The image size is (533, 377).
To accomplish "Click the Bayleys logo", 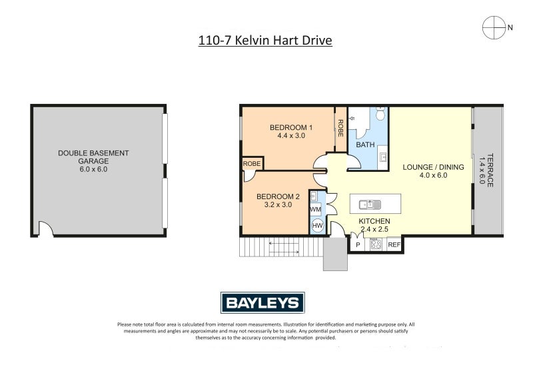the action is coord(263,302).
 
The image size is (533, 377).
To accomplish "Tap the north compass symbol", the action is coord(494,27).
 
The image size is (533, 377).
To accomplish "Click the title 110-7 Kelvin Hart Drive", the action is coord(265,41).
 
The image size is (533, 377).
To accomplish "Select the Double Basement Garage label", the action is coord(93,157).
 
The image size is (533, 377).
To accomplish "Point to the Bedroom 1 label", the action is coord(291,127).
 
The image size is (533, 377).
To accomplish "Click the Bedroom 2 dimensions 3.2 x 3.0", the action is coord(278,204).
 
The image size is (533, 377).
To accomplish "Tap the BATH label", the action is coord(365,145).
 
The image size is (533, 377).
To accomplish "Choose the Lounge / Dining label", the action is coord(434,167).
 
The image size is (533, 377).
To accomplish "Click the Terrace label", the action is coord(490,170).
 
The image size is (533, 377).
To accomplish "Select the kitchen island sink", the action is coord(370,204).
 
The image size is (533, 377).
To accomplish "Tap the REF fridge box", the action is coord(394,244).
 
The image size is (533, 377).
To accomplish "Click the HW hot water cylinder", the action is coord(318,225).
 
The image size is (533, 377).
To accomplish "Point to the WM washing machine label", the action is coord(315,209).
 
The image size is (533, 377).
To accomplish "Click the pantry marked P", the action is coord(358,244).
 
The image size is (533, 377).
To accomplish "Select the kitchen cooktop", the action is coord(376,244).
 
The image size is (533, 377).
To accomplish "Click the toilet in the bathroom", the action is coord(380,113).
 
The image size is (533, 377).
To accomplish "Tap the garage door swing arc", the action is coord(47,227).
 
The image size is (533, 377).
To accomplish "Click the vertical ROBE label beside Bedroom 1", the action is coord(340,128).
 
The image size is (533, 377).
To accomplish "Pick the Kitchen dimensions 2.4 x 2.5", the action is coord(374,229).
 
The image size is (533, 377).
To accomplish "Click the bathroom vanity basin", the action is coord(383,157).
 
